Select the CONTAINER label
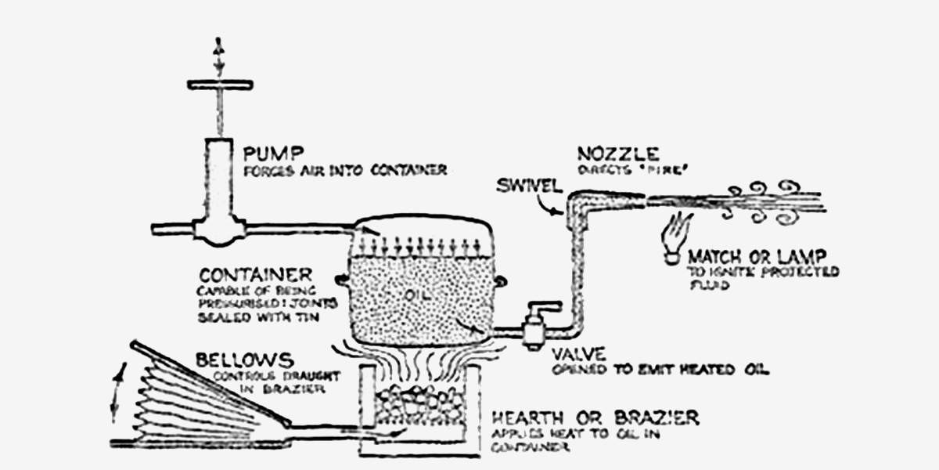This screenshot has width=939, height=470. (255, 276)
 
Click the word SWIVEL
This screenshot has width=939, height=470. (528, 187)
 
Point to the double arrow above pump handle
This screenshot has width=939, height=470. (219, 45)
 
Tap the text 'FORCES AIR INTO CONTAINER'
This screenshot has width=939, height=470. (345, 170)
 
